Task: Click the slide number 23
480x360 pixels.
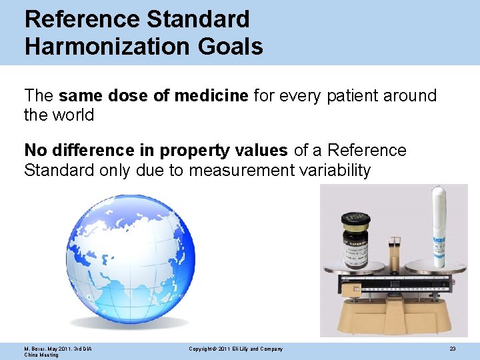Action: (452, 349)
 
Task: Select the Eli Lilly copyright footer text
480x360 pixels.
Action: (236, 349)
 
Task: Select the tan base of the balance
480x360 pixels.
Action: (396, 313)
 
